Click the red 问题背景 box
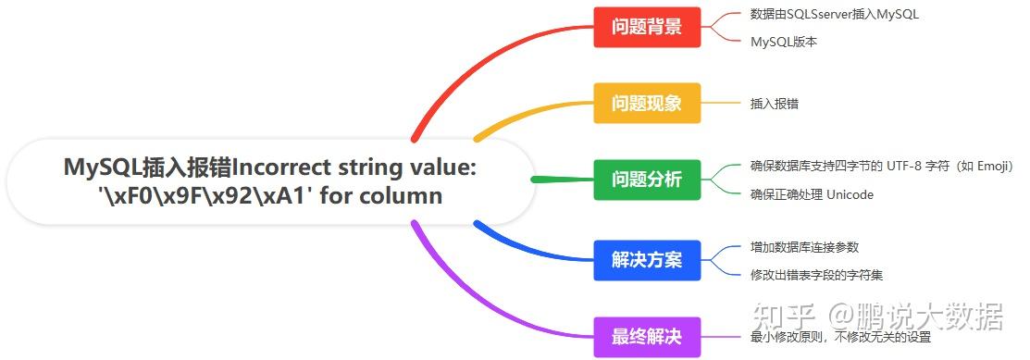(x=647, y=27)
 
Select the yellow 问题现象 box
(x=647, y=103)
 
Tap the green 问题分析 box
(x=647, y=180)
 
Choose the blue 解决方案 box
(x=647, y=260)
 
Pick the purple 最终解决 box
(x=647, y=337)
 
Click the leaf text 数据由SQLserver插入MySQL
(x=834, y=14)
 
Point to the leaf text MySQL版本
(x=784, y=42)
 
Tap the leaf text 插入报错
(x=775, y=104)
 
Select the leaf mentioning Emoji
(x=881, y=167)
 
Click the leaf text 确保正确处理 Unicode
(x=812, y=194)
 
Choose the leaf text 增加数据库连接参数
(x=804, y=247)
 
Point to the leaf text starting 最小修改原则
(x=840, y=338)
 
